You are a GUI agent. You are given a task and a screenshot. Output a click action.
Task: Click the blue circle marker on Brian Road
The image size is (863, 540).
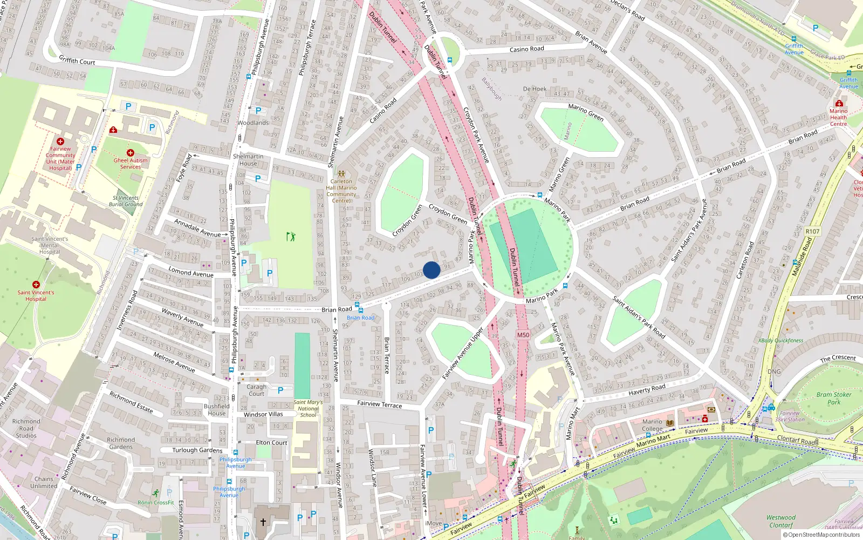432,270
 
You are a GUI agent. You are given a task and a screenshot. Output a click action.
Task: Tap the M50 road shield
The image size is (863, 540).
523,335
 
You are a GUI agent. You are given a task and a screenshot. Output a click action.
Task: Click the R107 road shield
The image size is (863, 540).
812,231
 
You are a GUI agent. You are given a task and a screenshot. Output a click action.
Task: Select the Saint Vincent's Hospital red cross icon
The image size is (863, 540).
36,285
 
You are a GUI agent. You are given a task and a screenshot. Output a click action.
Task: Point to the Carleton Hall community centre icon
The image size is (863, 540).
341,174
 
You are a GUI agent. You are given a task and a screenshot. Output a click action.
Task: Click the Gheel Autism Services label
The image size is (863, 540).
131,164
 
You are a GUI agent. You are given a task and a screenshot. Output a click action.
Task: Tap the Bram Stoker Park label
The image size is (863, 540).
834,398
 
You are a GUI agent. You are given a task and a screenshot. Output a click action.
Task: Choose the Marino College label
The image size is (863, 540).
652,426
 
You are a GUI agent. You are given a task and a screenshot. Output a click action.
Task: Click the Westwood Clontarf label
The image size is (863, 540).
781,521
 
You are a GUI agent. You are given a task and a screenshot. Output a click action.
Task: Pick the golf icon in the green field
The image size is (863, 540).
291,236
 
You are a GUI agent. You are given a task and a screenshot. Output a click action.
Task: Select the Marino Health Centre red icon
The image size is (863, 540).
839,103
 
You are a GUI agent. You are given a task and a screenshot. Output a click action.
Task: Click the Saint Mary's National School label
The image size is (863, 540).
308,408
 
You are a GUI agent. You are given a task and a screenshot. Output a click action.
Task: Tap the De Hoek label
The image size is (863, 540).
535,89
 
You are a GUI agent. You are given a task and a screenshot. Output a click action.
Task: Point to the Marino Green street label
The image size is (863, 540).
586,112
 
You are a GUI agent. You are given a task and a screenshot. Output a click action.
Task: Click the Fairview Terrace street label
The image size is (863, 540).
380,404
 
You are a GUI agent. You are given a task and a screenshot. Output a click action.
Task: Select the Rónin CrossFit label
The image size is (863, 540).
156,502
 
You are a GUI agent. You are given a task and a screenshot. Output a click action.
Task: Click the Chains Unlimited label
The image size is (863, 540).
44,482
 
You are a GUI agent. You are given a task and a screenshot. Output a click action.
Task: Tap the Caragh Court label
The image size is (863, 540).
257,390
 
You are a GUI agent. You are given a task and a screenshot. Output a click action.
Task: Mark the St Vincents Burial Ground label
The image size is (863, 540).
126,201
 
